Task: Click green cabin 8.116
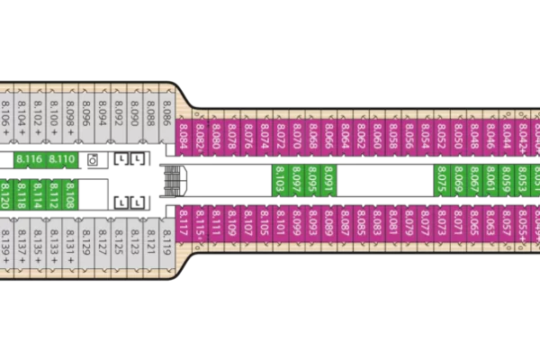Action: (31, 160)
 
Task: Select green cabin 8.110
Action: (62, 160)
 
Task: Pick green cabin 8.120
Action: (4, 195)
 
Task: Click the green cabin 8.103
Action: (280, 181)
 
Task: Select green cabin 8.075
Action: (442, 181)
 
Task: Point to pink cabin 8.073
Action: (442, 225)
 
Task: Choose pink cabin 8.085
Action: (361, 225)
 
